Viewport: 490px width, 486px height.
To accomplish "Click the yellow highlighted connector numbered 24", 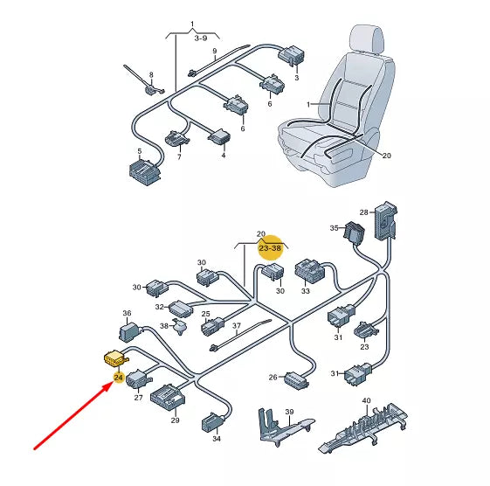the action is pyautogui.click(x=115, y=358).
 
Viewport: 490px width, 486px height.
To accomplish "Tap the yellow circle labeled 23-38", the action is pyautogui.click(x=270, y=248).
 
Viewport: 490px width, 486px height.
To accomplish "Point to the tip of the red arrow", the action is pyautogui.click(x=112, y=384).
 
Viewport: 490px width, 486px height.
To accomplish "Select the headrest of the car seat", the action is pyautogui.click(x=367, y=39).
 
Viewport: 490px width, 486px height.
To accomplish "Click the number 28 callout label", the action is pyautogui.click(x=363, y=212).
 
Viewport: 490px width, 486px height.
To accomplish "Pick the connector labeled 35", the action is pyautogui.click(x=355, y=233).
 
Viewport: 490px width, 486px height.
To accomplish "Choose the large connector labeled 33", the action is pyautogui.click(x=310, y=271).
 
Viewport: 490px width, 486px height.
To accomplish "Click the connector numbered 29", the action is pyautogui.click(x=168, y=399).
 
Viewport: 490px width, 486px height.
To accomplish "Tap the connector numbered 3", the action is pyautogui.click(x=291, y=56).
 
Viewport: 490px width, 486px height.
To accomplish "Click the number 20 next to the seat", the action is pyautogui.click(x=387, y=156).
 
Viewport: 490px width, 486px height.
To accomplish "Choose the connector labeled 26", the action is pyautogui.click(x=296, y=380).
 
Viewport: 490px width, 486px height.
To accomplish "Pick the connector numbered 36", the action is pyautogui.click(x=129, y=331).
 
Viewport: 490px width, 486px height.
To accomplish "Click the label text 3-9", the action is pyautogui.click(x=201, y=38).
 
